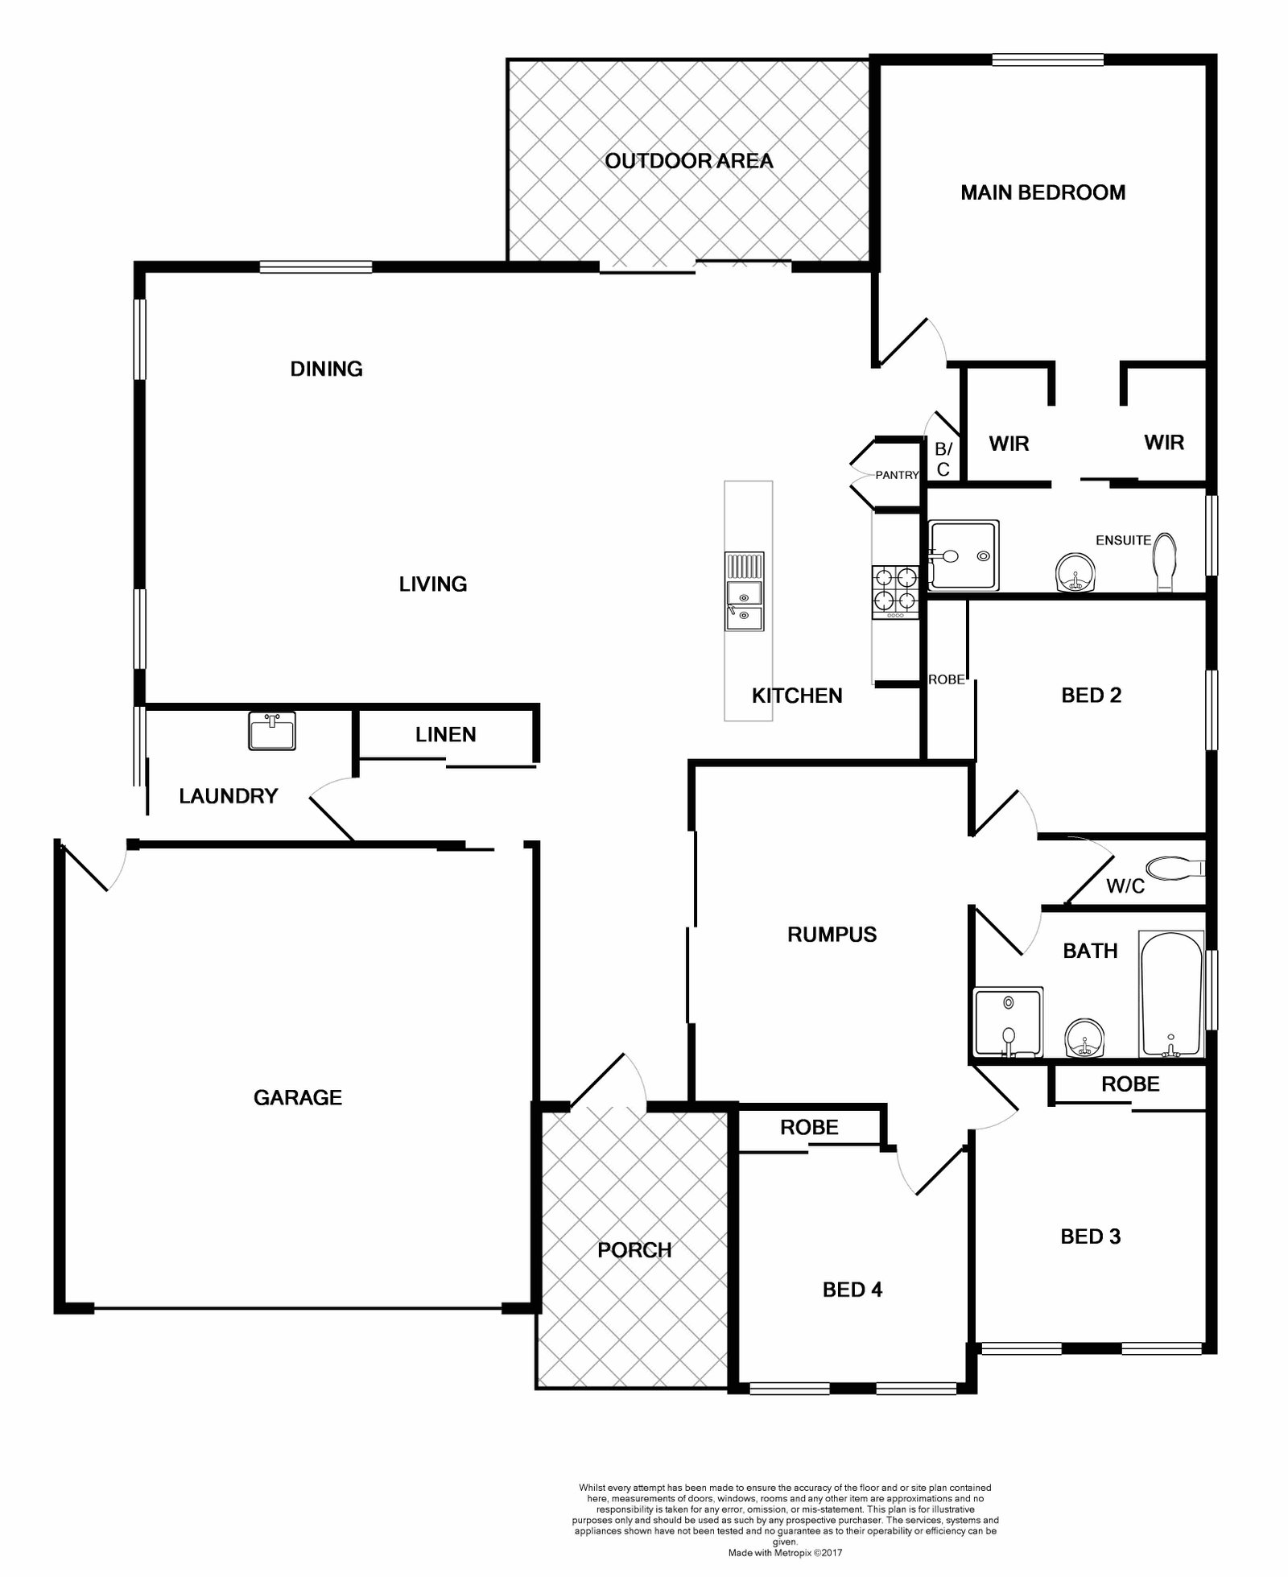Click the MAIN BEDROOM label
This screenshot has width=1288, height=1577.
point(1042,192)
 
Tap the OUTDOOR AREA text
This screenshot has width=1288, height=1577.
point(689,161)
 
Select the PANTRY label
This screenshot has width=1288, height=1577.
point(897,475)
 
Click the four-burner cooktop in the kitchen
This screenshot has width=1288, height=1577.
point(895,592)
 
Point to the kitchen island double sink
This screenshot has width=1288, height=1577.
point(744,592)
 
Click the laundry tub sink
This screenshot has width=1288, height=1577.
point(272,730)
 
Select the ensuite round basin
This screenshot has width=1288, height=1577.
point(1075,573)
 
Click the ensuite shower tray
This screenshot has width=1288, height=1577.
point(964,555)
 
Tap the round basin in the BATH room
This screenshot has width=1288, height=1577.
point(1084,1037)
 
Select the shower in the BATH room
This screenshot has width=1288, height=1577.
point(1009,1022)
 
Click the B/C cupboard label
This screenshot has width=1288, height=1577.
point(943,459)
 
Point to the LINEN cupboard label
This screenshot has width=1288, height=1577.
point(446,734)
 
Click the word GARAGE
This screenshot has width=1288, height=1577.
point(298,1098)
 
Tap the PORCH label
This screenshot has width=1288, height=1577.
point(634,1250)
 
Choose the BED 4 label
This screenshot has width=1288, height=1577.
point(852,1290)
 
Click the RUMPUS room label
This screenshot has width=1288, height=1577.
point(832,935)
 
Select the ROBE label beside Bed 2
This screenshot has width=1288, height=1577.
point(947,679)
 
